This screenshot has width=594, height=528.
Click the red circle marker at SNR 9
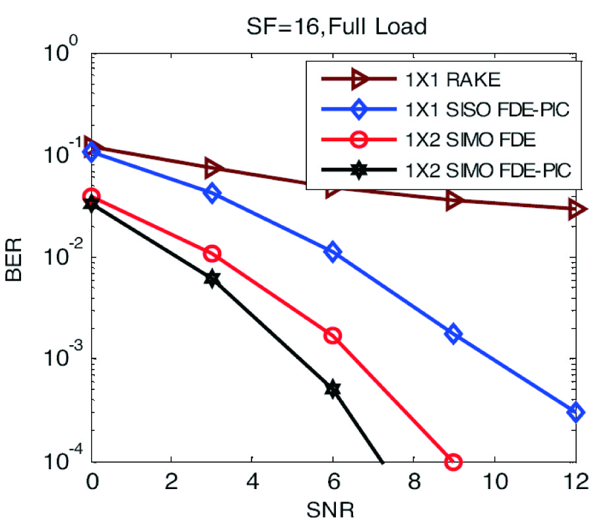point(453,461)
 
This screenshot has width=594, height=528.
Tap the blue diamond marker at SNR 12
point(576,412)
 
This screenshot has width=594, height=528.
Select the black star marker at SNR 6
point(333,389)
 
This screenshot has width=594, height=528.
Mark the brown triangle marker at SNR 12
point(576,209)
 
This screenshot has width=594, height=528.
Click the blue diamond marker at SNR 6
point(333,252)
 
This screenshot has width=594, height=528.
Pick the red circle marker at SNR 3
point(212,253)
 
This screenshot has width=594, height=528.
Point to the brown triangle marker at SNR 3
point(212,168)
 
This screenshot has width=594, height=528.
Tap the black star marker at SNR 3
point(212,279)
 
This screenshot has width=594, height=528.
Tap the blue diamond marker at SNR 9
point(453,333)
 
